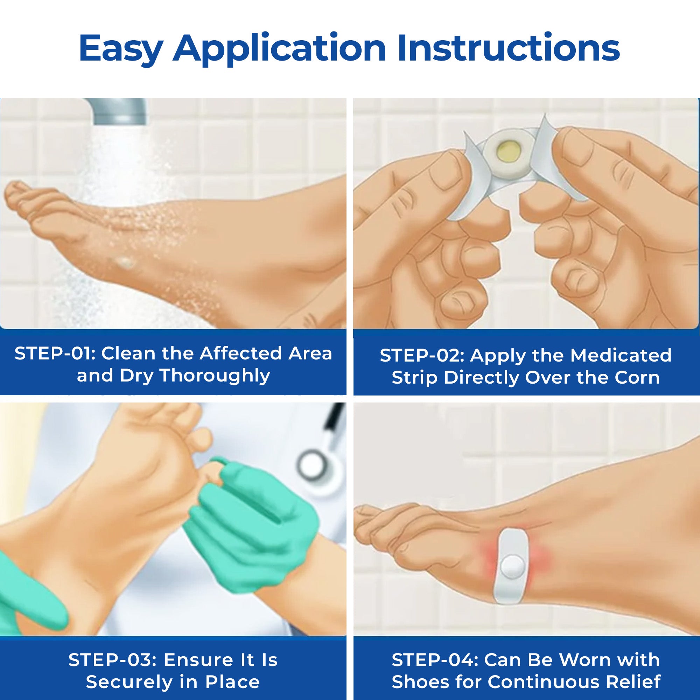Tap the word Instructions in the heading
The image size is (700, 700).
coord(508,48)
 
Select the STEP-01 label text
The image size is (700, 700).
coord(54,353)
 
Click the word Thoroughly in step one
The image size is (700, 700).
coord(215,376)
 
